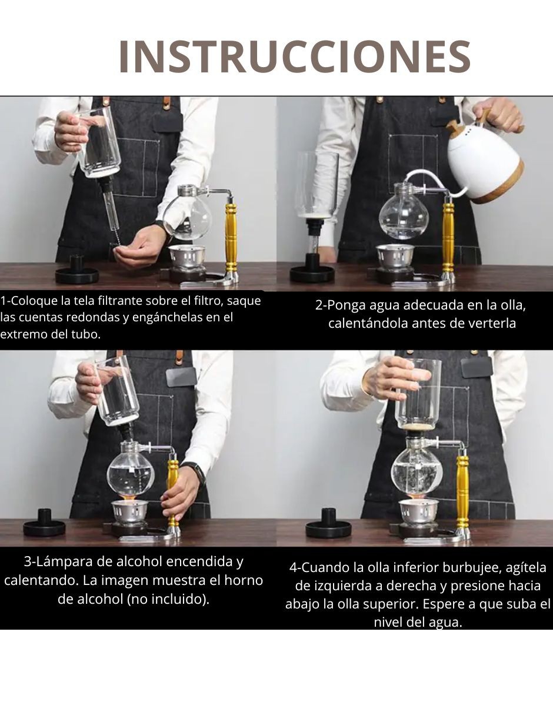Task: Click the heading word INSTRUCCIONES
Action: (x=294, y=57)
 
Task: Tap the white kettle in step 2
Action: (x=486, y=165)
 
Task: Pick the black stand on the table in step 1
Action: (x=77, y=271)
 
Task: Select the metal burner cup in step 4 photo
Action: (x=418, y=511)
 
